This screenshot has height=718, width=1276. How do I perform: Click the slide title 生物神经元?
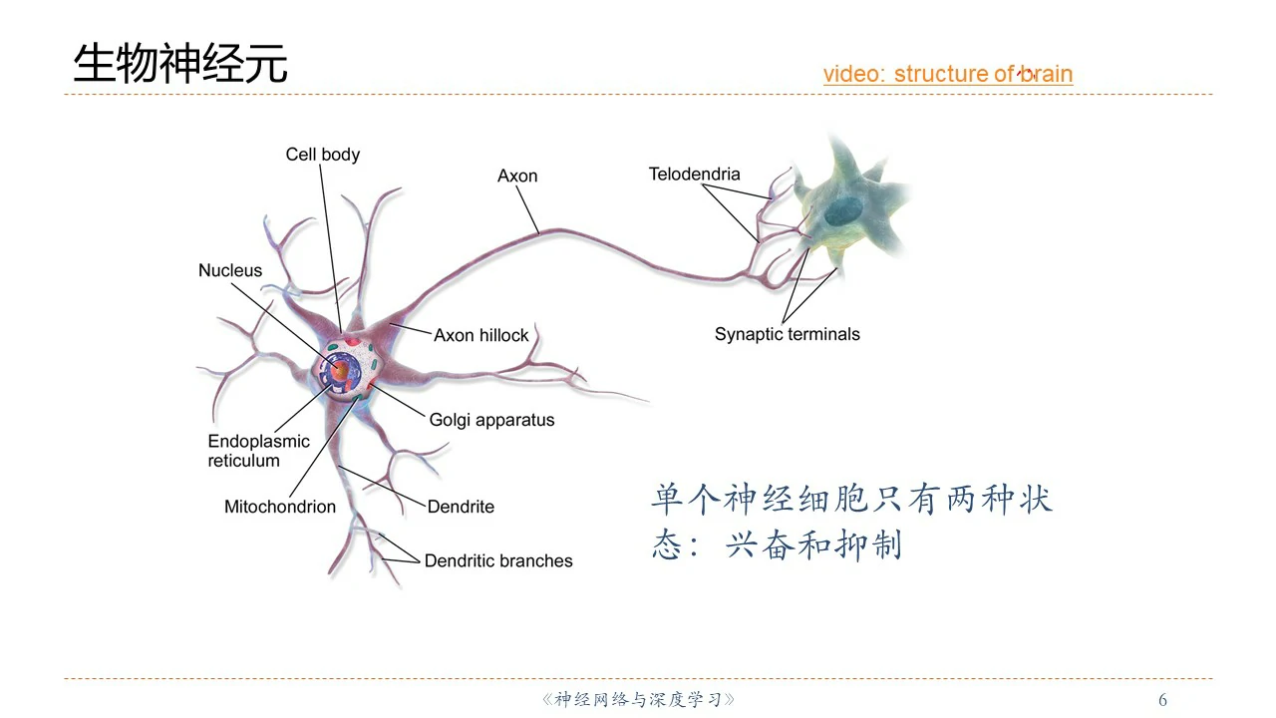[x=180, y=65]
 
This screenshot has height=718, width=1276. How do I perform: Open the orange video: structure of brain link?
[x=947, y=74]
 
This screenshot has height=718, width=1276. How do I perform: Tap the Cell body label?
[x=322, y=155]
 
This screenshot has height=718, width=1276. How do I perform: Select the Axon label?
[x=517, y=177]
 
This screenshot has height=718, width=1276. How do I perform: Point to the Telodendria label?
[x=694, y=175]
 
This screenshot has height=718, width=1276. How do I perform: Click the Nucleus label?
[x=230, y=271]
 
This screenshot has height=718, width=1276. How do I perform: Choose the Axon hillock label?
[x=480, y=336]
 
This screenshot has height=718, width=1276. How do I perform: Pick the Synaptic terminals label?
[x=787, y=335]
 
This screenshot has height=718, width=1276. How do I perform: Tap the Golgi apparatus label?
[x=491, y=421]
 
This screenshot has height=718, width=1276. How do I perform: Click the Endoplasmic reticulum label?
[x=258, y=451]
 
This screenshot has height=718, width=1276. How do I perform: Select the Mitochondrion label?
[x=280, y=507]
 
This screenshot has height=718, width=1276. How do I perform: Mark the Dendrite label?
[x=461, y=507]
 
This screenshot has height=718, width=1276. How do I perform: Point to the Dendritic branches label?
[x=498, y=561]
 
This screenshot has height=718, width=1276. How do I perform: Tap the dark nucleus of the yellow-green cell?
[x=846, y=210]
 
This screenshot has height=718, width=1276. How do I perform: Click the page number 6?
[x=1162, y=700]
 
